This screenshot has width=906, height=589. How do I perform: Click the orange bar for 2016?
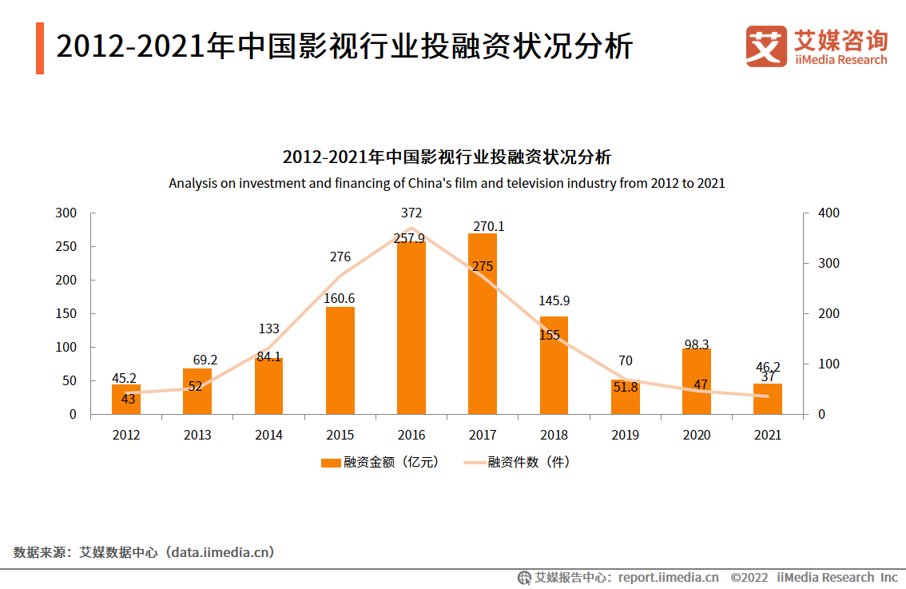pyautogui.click(x=411, y=328)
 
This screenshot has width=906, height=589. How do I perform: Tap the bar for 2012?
pyautogui.click(x=126, y=400)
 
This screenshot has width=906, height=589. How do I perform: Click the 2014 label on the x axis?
pyautogui.click(x=268, y=436)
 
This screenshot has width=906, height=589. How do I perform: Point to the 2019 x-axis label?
pyautogui.click(x=626, y=436)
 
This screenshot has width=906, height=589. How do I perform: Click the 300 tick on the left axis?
pyautogui.click(x=66, y=213)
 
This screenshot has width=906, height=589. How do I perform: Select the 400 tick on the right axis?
pyautogui.click(x=829, y=213)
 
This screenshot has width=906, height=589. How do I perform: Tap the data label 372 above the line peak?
pyautogui.click(x=412, y=213)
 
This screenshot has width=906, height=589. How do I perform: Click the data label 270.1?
pyautogui.click(x=488, y=227)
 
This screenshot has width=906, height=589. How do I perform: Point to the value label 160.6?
pyautogui.click(x=340, y=299)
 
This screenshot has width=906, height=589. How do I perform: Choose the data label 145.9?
pyautogui.click(x=554, y=301)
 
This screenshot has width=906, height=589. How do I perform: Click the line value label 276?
pyautogui.click(x=340, y=257)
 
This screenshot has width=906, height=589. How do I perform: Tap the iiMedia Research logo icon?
pyautogui.click(x=765, y=46)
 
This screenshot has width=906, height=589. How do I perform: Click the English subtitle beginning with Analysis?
pyautogui.click(x=447, y=183)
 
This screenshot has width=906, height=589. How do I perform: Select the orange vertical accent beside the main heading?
pyautogui.click(x=40, y=48)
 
